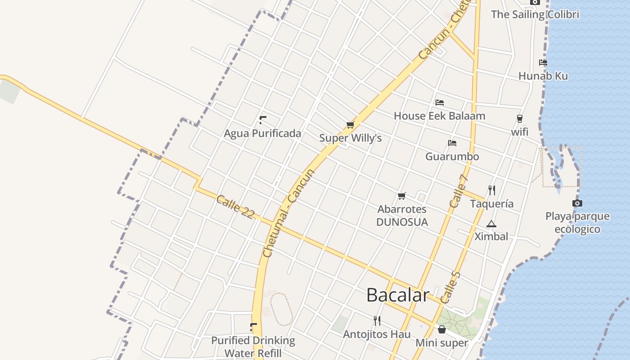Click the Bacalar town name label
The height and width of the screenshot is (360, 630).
[x=398, y=295]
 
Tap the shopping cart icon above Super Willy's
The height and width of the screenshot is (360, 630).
[x=350, y=125]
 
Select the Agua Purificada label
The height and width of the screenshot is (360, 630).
[x=262, y=133]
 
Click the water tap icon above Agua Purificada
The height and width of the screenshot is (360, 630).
[x=262, y=120]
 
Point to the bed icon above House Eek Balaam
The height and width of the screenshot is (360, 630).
[x=440, y=103]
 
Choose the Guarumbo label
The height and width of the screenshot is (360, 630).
[x=452, y=157]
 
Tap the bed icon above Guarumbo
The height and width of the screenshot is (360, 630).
[x=452, y=143]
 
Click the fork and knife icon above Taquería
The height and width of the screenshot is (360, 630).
[x=491, y=190]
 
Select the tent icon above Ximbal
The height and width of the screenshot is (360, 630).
[x=491, y=224]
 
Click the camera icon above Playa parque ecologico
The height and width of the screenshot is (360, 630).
[x=577, y=203]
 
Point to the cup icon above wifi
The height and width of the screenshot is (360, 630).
[x=520, y=119]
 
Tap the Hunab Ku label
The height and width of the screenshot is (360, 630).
[x=543, y=76]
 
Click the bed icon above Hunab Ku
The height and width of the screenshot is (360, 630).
[x=543, y=63]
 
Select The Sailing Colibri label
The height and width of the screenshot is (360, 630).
[x=535, y=14]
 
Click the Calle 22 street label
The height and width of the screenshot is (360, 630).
[x=235, y=207]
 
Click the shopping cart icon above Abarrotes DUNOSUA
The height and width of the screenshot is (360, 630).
[x=402, y=196]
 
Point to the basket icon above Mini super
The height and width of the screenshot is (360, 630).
[x=442, y=329]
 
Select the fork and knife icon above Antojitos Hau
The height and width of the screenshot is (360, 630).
[x=377, y=321]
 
